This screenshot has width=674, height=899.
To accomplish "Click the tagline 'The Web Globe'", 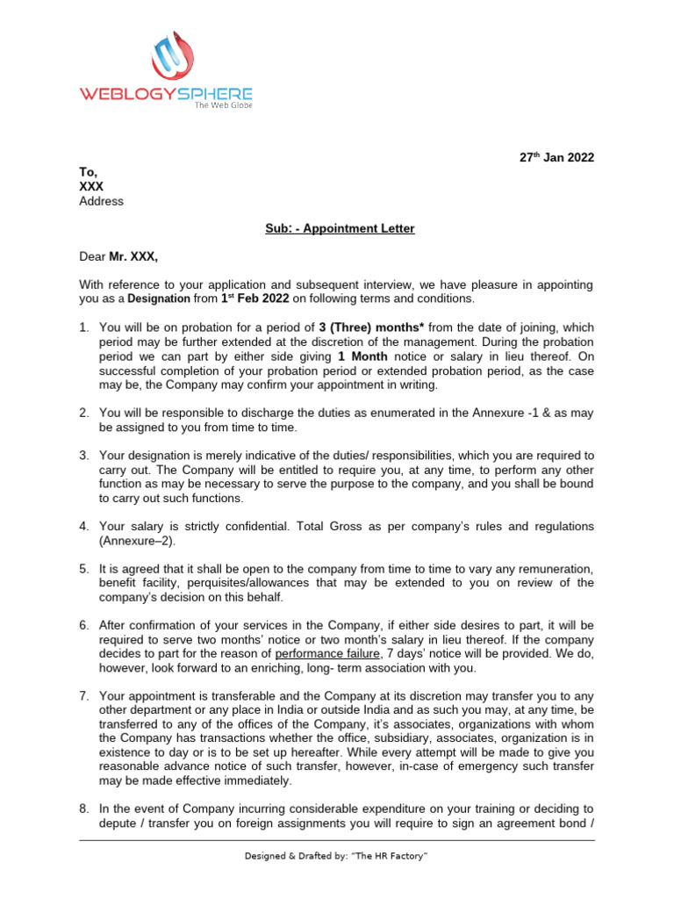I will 223,104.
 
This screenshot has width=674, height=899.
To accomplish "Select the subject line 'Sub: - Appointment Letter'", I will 340,228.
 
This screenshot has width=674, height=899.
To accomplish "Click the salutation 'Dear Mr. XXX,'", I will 120,256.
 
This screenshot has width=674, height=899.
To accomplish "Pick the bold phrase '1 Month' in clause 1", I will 366,356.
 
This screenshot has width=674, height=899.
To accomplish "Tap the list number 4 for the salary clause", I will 84,526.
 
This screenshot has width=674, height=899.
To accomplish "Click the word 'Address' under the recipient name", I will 102,201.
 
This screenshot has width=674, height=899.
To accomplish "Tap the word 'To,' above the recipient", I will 89,173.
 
